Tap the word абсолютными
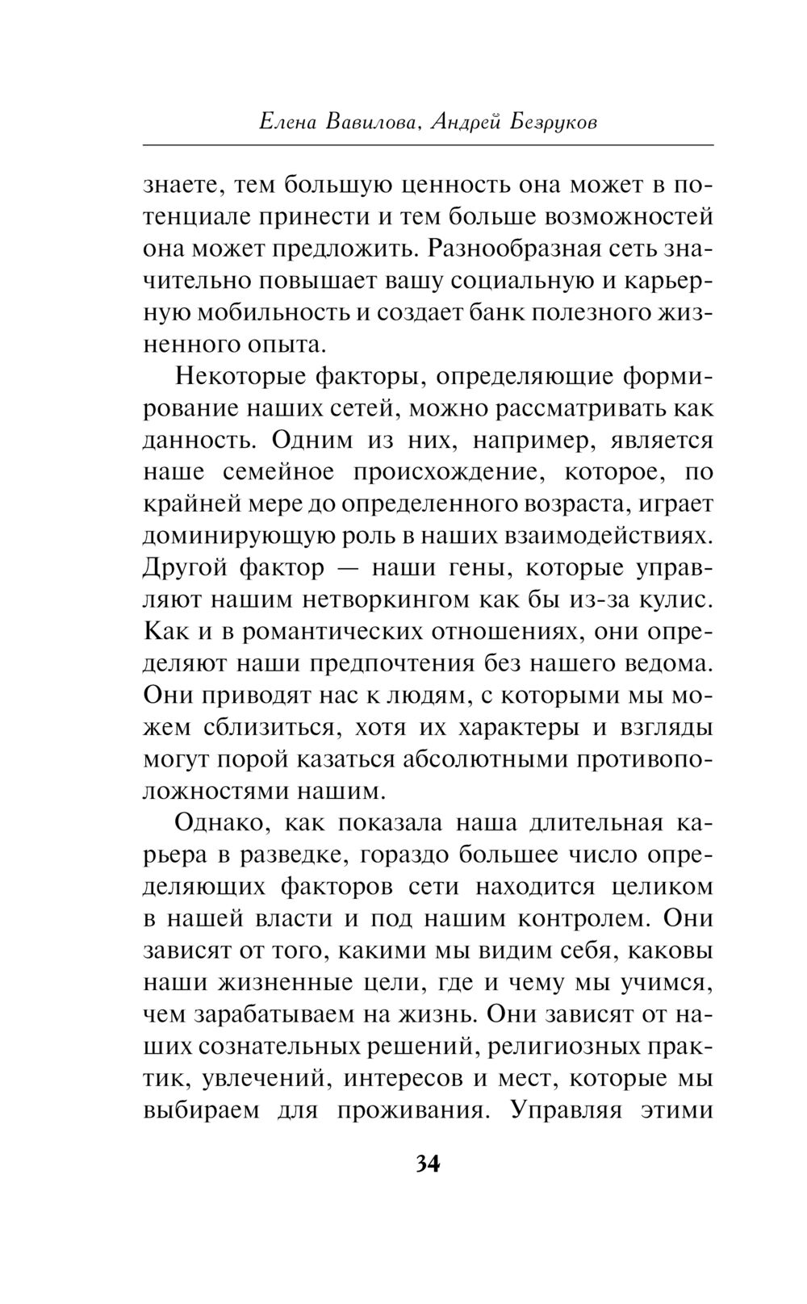point(470,759)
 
